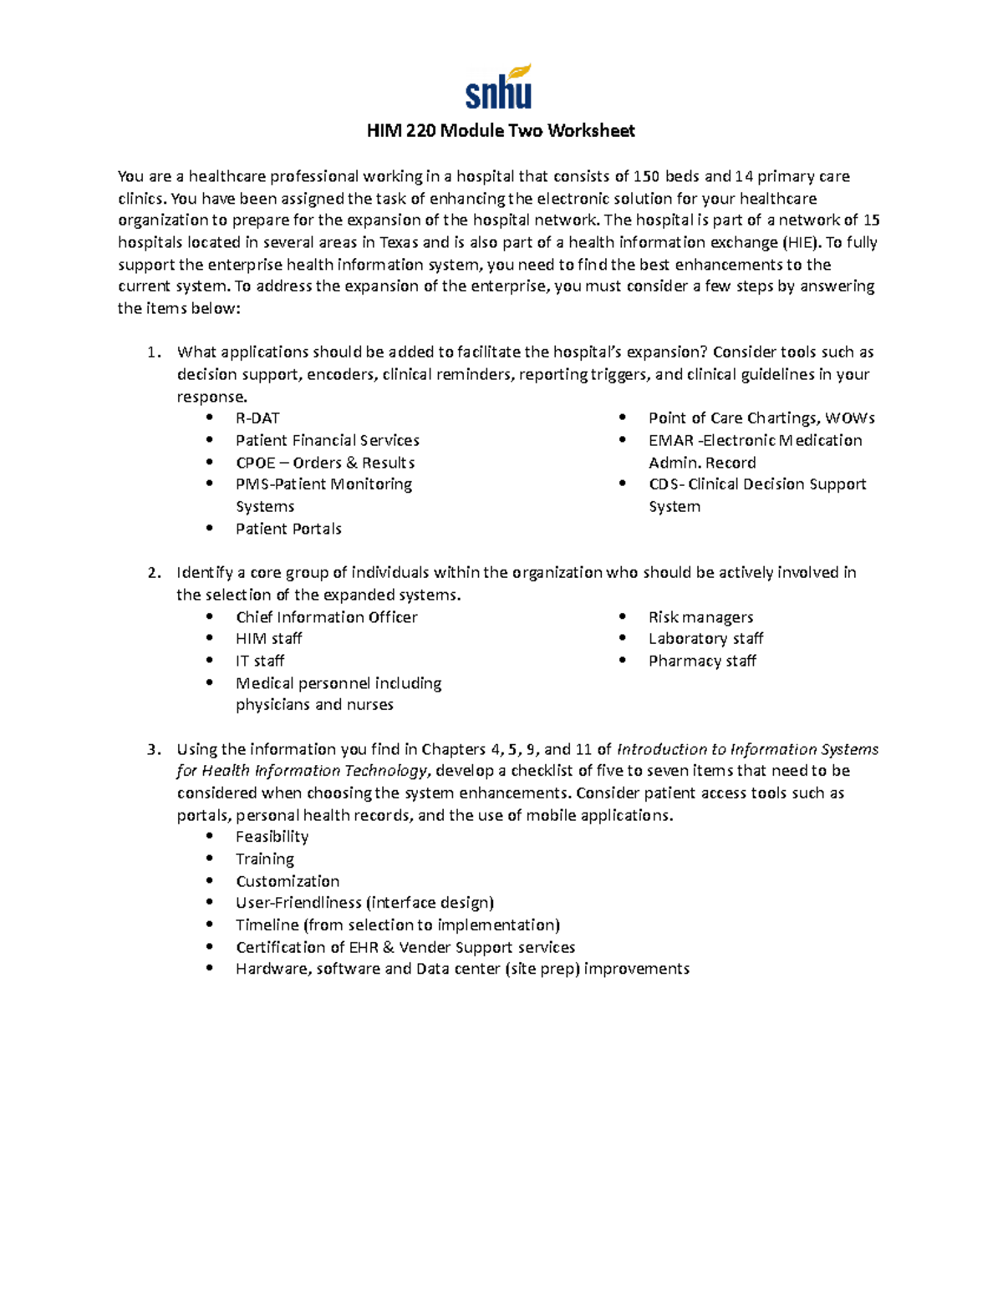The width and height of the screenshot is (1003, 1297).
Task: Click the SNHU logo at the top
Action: click(x=499, y=88)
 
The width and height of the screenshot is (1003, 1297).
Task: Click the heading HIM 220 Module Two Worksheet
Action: click(x=501, y=130)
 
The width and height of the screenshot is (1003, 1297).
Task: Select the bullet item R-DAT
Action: click(x=257, y=418)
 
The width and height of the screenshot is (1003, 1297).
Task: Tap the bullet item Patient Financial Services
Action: click(x=327, y=440)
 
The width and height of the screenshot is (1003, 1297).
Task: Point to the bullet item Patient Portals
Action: click(x=288, y=529)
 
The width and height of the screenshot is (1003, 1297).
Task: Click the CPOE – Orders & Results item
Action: click(x=325, y=463)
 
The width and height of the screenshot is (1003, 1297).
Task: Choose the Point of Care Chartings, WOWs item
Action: click(x=761, y=418)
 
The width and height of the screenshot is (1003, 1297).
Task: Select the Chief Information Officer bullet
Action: click(x=326, y=617)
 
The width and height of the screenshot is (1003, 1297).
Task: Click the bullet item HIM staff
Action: click(x=268, y=639)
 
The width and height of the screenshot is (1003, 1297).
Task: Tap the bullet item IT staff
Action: click(x=260, y=661)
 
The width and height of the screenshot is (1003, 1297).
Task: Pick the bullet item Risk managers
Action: click(x=700, y=617)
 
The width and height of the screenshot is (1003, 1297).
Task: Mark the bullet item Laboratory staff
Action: click(x=705, y=639)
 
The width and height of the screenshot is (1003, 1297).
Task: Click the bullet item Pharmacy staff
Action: click(x=702, y=661)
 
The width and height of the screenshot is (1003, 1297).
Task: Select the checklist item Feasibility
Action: click(x=272, y=837)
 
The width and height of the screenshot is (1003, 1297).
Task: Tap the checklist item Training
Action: click(x=264, y=859)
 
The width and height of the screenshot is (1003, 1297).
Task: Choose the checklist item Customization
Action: click(x=288, y=881)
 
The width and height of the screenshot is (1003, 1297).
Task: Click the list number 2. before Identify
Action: click(x=154, y=573)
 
